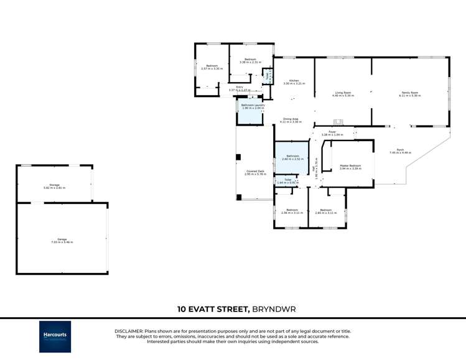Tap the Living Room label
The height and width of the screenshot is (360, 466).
point(343,94)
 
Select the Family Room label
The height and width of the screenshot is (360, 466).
point(410,94)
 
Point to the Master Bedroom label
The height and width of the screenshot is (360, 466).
point(350,167)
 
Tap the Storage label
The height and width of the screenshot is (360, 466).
point(55,186)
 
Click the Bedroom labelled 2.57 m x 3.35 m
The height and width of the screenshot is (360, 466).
point(212,67)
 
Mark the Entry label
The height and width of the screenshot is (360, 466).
point(239,88)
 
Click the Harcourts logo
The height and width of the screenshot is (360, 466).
point(55,336)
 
